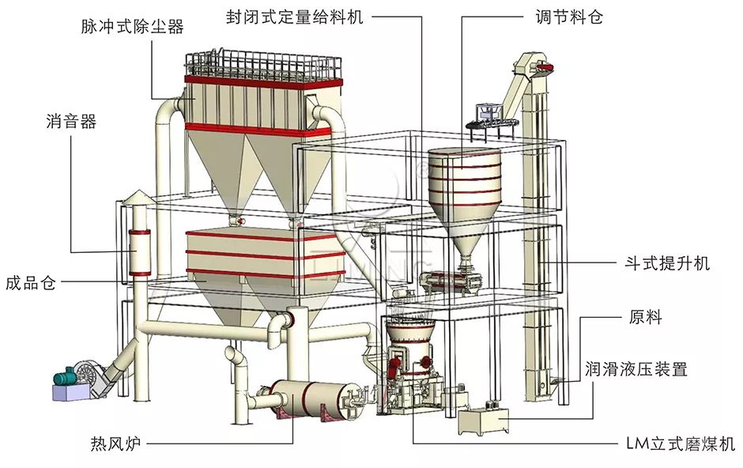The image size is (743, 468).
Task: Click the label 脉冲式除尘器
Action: [132, 26]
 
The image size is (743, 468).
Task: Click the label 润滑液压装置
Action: [636, 368]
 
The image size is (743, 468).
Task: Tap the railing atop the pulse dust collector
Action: [261, 63]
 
